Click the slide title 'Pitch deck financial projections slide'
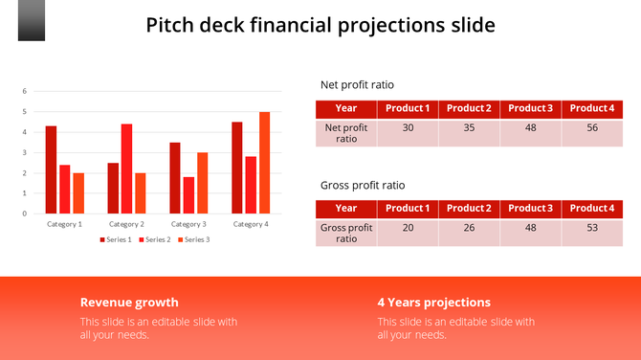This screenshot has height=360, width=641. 320,25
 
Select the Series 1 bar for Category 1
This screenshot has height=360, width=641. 51,169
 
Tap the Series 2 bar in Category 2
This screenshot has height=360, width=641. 126,169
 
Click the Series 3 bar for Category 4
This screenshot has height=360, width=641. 264,163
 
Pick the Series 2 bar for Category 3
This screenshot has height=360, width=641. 188,195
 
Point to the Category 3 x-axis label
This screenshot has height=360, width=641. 188,224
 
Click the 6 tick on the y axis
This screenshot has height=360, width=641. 25,91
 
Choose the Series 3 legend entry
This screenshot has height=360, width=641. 193,239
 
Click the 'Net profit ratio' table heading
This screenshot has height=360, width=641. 357,84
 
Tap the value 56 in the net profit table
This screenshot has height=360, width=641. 591,127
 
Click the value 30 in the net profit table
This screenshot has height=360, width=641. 408,127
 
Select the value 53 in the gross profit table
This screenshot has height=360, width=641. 591,228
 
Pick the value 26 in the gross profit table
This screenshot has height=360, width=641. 469,228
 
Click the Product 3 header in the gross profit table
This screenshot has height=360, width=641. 530,208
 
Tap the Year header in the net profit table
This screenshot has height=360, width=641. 346,108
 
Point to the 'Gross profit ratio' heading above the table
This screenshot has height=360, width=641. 362,185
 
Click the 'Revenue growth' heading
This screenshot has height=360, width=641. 129,302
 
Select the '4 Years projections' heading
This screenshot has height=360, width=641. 433,302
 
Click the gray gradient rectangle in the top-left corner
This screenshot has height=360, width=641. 32,20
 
